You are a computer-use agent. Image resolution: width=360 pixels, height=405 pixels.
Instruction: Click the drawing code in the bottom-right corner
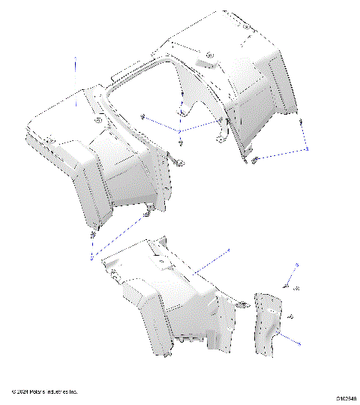(346, 398)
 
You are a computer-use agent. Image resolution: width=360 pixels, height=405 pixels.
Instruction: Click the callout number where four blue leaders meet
(180, 131)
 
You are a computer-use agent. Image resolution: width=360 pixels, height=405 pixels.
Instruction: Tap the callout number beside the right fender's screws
(307, 149)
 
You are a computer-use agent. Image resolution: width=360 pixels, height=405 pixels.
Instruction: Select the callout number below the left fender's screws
(91, 257)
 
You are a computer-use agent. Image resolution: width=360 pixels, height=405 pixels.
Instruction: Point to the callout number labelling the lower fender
(229, 250)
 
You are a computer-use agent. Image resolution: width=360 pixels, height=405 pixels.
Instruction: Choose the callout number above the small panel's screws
(296, 265)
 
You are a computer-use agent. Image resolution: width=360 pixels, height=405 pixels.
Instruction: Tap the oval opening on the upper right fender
(210, 55)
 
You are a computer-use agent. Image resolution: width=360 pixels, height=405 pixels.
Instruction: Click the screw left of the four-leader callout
(143, 116)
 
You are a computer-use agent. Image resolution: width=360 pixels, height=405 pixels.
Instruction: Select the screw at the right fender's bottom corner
(254, 160)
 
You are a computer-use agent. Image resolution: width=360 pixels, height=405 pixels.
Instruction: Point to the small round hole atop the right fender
(247, 27)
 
